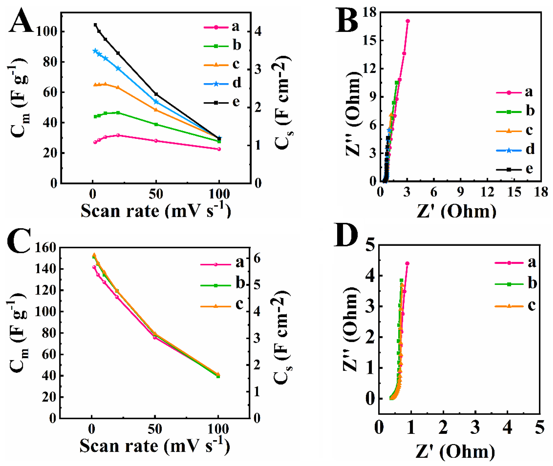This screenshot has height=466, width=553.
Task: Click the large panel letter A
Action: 21,21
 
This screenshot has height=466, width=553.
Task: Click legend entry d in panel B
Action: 529,150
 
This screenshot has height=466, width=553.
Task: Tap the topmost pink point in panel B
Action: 408,21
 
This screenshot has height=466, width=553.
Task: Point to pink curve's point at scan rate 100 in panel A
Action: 219,149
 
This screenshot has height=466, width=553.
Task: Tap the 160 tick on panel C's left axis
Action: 45,248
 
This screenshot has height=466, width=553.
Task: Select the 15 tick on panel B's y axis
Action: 370,40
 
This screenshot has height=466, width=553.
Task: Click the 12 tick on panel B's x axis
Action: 487,192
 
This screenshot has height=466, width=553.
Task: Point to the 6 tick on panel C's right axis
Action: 257,258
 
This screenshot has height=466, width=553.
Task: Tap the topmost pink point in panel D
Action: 407,263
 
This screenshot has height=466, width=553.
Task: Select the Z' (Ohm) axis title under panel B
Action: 456,211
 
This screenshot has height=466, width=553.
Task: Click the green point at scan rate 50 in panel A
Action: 156,124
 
